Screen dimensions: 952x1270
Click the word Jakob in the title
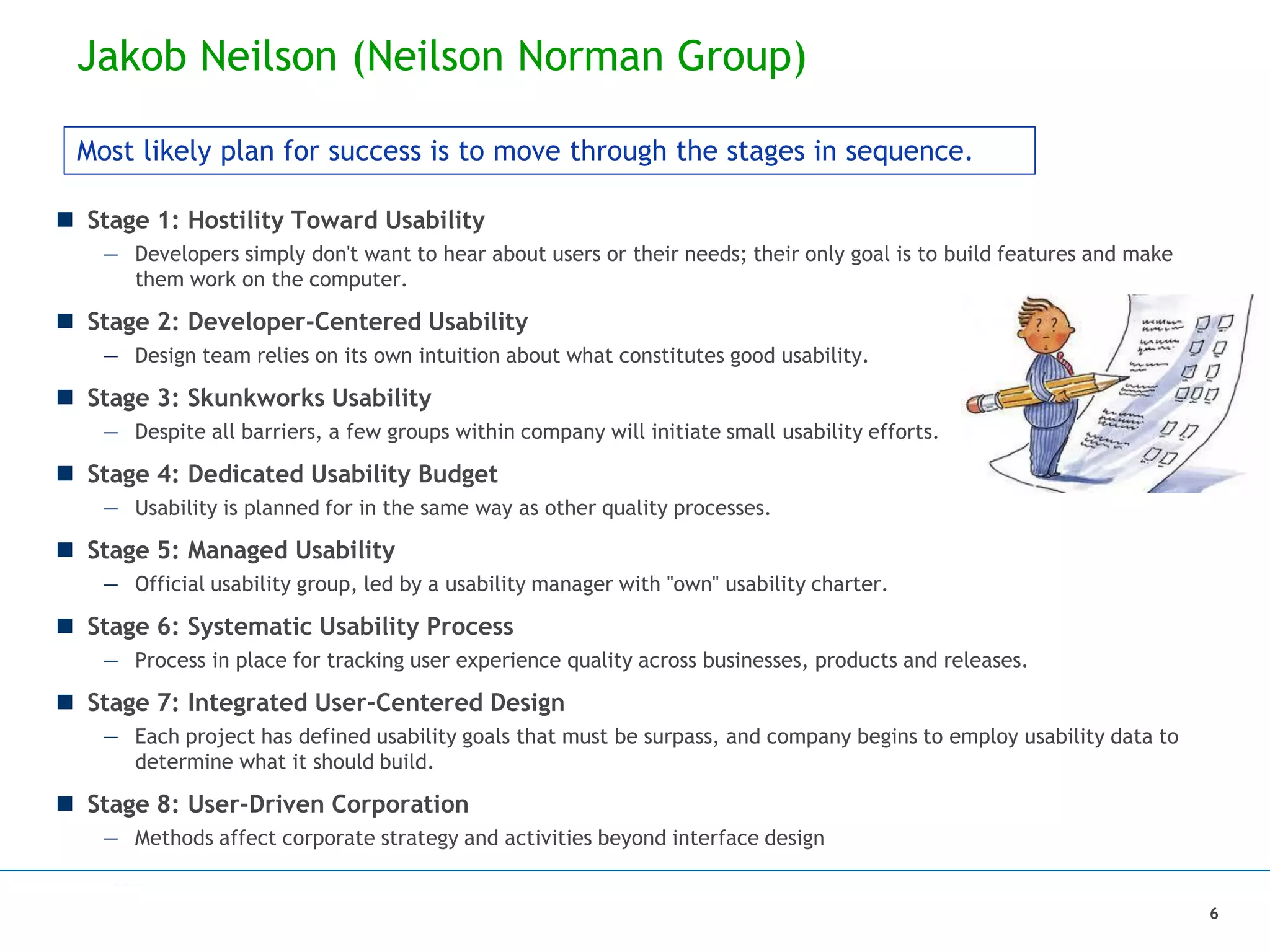131,56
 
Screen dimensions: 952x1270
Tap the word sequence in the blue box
908,151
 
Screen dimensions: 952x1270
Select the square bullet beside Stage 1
64,219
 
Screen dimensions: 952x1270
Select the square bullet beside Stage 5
64,550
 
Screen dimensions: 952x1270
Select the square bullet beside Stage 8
64,804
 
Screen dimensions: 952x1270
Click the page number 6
1214,914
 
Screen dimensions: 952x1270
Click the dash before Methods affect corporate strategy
111,839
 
